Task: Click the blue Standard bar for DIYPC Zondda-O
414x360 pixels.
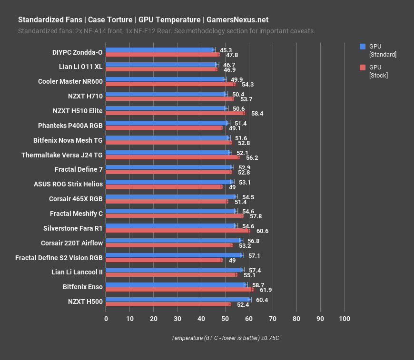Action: point(159,50)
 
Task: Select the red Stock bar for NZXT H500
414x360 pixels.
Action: point(168,304)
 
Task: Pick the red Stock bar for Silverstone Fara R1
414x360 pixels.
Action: point(177,231)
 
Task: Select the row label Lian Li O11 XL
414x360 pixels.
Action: point(78,67)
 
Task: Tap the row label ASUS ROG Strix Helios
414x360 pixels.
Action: point(68,184)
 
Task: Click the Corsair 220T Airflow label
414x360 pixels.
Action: point(72,243)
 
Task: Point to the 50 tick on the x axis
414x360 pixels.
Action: point(225,319)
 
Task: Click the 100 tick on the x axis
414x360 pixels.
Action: point(344,319)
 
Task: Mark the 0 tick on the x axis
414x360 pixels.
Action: point(106,319)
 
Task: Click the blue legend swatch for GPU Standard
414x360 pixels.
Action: point(363,47)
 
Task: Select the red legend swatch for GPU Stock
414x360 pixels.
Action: point(363,68)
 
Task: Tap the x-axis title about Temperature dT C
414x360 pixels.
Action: point(225,338)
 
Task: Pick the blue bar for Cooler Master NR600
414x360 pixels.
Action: point(165,79)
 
